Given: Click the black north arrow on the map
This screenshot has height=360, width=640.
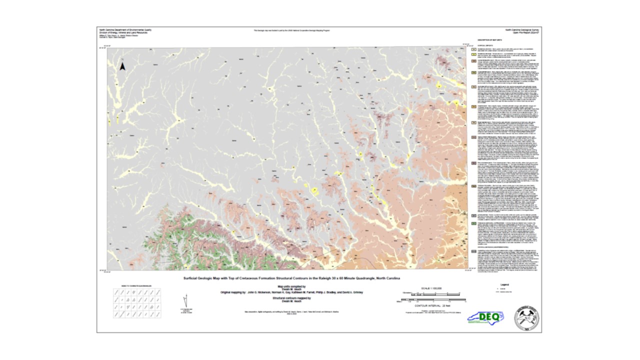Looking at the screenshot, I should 122,65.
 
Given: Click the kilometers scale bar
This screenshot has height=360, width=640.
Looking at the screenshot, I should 433,294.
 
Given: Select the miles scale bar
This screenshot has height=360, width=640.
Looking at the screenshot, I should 433,301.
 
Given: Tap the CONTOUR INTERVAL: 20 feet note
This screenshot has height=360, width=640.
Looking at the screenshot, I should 433,305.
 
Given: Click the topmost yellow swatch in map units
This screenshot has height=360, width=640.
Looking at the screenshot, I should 473,49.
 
